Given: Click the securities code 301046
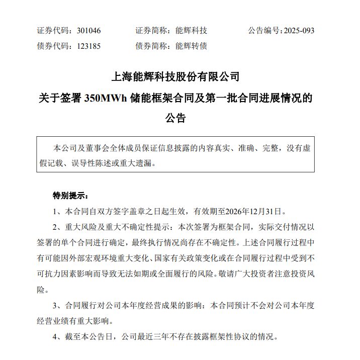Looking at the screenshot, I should point(89,30).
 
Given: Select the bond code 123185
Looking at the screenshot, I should point(89,46).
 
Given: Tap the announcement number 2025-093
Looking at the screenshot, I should point(299,30).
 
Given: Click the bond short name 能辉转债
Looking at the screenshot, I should point(191,46).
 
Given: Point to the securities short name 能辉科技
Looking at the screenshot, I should point(191,30).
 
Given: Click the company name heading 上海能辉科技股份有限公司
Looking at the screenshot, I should point(175,77).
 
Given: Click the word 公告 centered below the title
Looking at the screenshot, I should point(175,119).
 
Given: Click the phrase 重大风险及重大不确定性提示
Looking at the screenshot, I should point(113,226).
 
